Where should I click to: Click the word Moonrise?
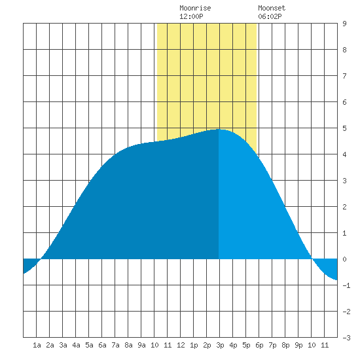[x=195, y=8]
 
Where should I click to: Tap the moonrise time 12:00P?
[x=192, y=16]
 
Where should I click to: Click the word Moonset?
[x=272, y=8]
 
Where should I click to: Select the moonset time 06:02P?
[x=270, y=16]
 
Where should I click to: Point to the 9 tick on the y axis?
[x=344, y=24]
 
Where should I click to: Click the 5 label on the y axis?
[x=344, y=128]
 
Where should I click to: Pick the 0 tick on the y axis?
[x=344, y=259]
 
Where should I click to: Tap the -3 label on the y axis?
[x=346, y=338]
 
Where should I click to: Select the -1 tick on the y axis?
[x=346, y=285]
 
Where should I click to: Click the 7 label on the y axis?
[x=344, y=76]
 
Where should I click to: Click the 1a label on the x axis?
[x=37, y=345]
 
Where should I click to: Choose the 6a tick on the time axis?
[x=102, y=345]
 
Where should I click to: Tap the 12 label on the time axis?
[x=181, y=345]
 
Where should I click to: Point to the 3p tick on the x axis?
[x=220, y=345]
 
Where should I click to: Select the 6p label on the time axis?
[x=259, y=345]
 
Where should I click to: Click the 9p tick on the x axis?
[x=298, y=345]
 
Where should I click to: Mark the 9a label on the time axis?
[x=141, y=345]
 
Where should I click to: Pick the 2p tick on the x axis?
[x=207, y=345]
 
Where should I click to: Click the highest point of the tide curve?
[x=219, y=129]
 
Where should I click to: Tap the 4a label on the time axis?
[x=76, y=345]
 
